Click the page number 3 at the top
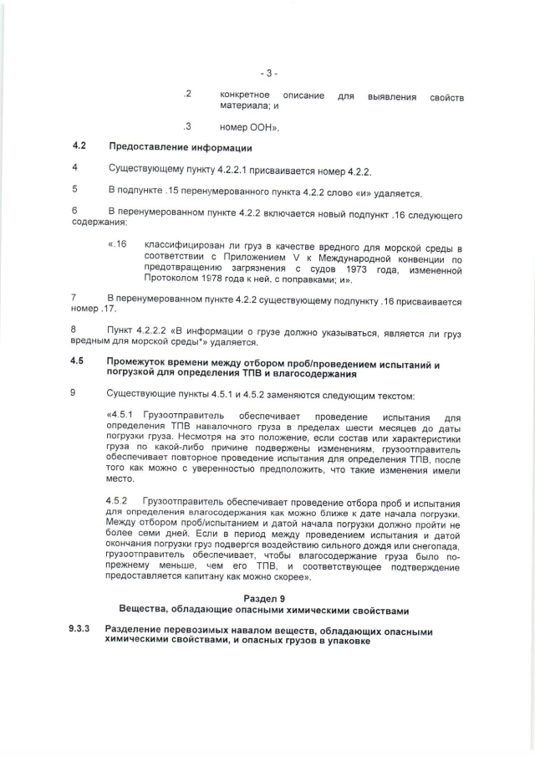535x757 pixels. pos(267,73)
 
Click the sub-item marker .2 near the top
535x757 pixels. pos(188,95)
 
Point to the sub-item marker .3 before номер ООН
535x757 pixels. pos(188,127)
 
